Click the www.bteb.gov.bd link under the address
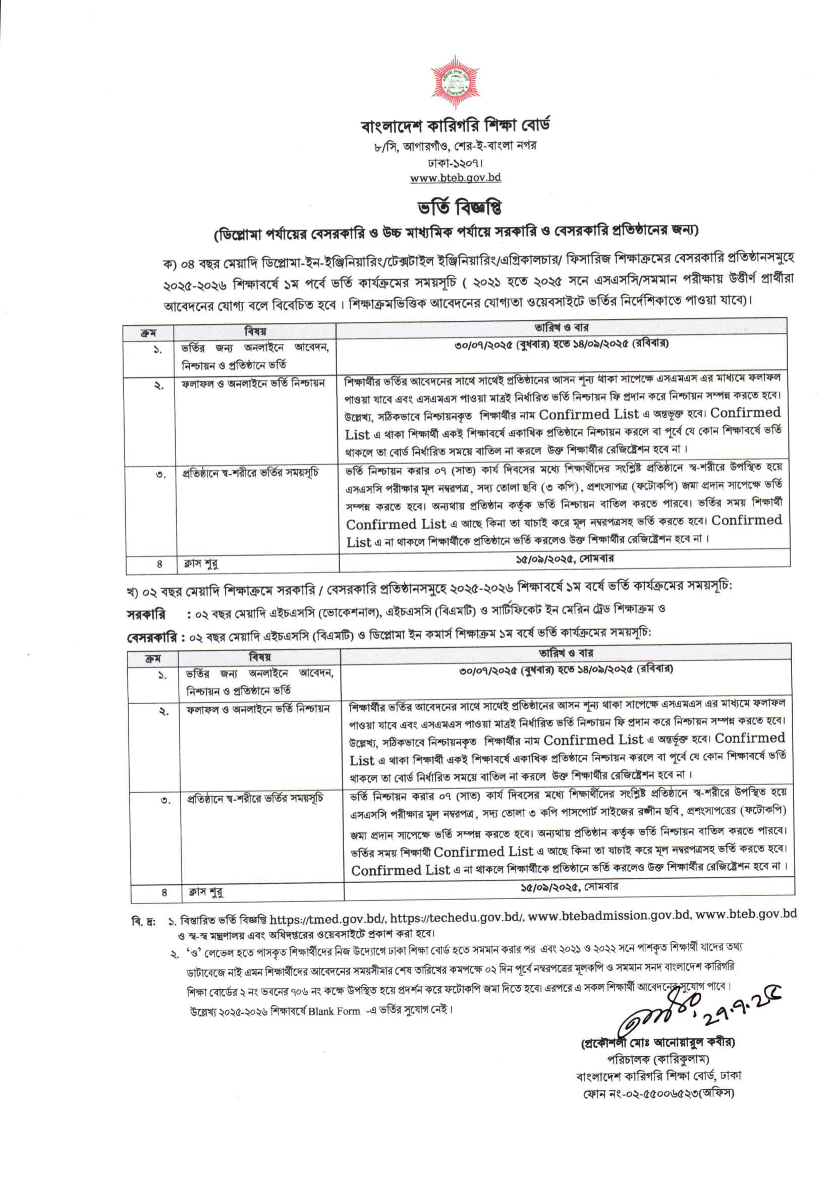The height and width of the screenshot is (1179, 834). pyautogui.click(x=456, y=178)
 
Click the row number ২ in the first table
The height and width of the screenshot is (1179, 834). pyautogui.click(x=159, y=386)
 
